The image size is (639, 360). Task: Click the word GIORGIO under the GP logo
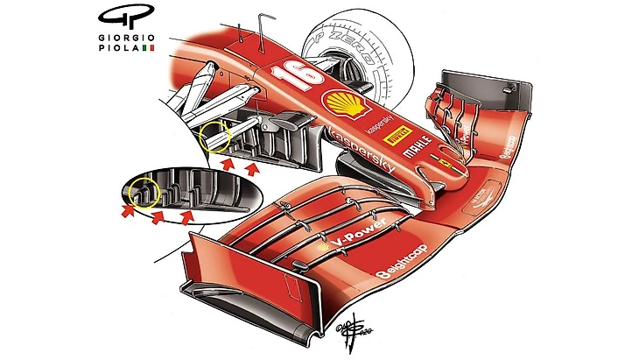coord(125,38)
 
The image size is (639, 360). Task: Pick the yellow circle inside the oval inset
coord(141,194)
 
